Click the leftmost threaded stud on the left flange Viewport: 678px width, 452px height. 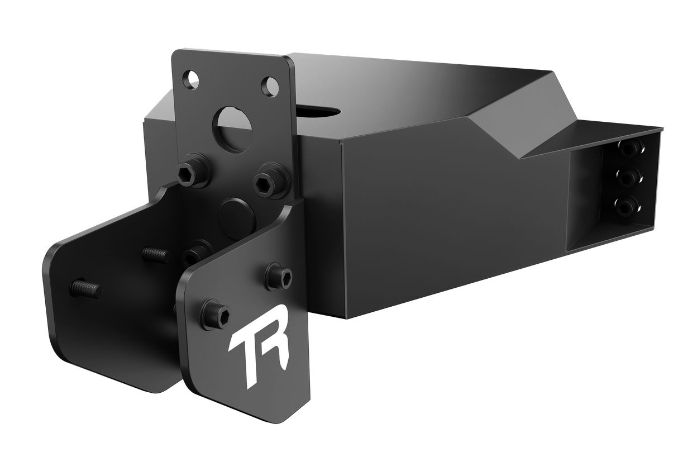85,288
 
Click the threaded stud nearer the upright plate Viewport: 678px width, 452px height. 155,255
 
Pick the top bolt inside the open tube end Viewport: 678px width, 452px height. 630,148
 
